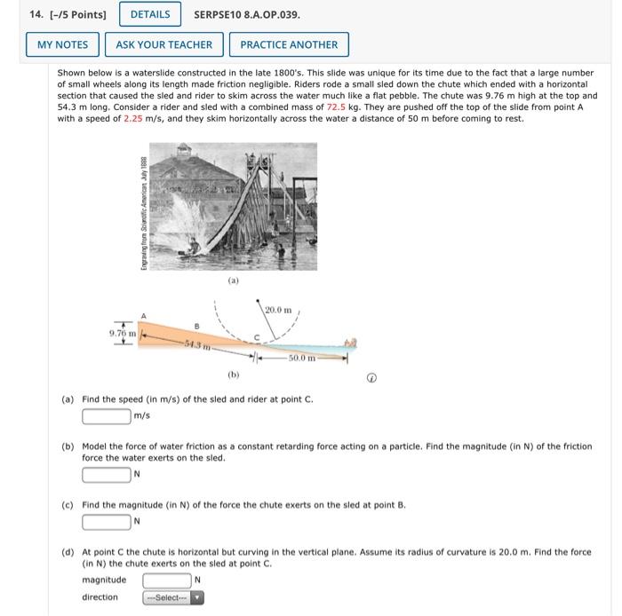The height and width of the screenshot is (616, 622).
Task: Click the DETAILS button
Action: tap(150, 14)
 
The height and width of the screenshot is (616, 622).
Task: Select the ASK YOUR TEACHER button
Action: tap(164, 44)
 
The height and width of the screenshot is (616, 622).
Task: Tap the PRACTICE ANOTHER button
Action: tap(289, 44)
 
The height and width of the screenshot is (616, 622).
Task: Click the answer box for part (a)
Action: tap(107, 415)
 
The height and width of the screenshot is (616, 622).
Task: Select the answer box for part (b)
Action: tap(107, 473)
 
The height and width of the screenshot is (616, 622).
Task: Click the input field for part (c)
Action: tap(107, 520)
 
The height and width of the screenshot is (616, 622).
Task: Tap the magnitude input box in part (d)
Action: tap(167, 580)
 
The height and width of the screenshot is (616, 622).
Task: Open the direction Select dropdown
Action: tap(174, 597)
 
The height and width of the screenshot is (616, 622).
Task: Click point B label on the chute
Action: tap(196, 325)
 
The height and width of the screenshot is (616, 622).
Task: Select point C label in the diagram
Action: tap(256, 338)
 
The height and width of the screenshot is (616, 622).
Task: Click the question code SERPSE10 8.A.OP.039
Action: tap(247, 14)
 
